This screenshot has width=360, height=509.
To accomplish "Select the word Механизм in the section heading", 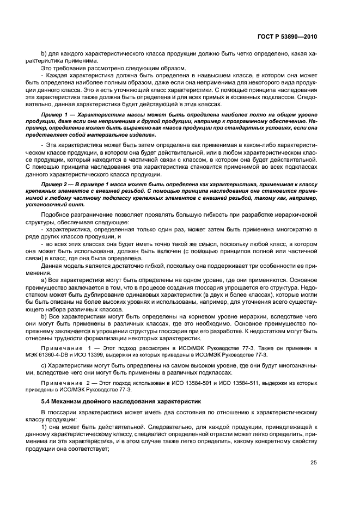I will (x=69, y=401).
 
